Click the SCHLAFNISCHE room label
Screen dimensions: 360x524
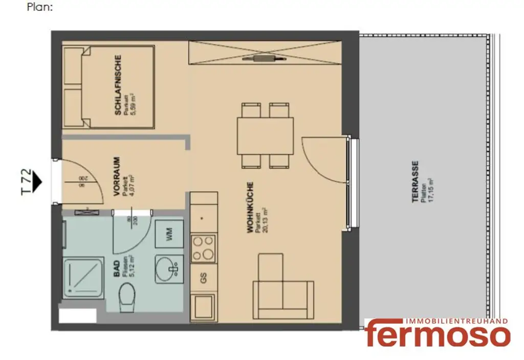[x=118, y=84]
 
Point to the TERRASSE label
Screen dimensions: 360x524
[x=416, y=182]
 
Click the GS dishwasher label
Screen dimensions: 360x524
[x=204, y=279]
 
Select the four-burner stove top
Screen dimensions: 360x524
[x=203, y=248]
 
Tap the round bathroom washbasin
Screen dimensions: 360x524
[x=168, y=268]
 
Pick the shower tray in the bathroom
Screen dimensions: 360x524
[x=83, y=278]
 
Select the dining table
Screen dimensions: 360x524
[x=265, y=136]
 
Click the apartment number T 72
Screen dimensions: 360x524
[x=26, y=182]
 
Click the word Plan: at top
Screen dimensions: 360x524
[x=40, y=8]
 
